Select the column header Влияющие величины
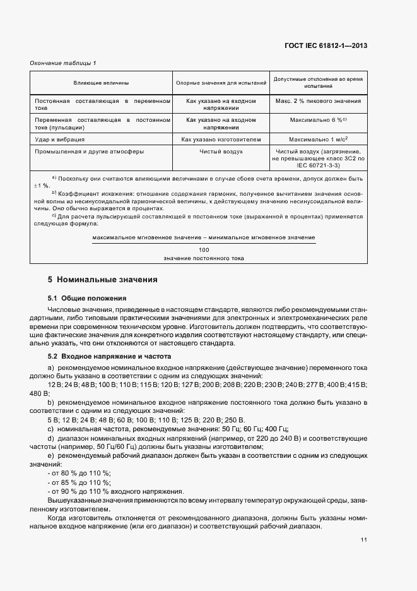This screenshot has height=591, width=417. (x=101, y=83)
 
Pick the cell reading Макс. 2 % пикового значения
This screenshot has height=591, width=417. (x=319, y=101)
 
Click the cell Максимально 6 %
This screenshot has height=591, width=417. (x=319, y=119)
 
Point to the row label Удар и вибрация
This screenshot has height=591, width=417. (x=60, y=138)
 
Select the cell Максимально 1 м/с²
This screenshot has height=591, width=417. (x=319, y=138)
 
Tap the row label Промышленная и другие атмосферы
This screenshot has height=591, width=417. (x=90, y=152)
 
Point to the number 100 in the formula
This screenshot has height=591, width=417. (x=203, y=250)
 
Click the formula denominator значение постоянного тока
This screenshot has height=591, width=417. (x=203, y=258)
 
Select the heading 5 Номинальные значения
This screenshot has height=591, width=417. (x=102, y=279)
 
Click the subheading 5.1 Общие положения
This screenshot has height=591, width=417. (x=87, y=297)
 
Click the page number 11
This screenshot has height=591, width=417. (x=364, y=540)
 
